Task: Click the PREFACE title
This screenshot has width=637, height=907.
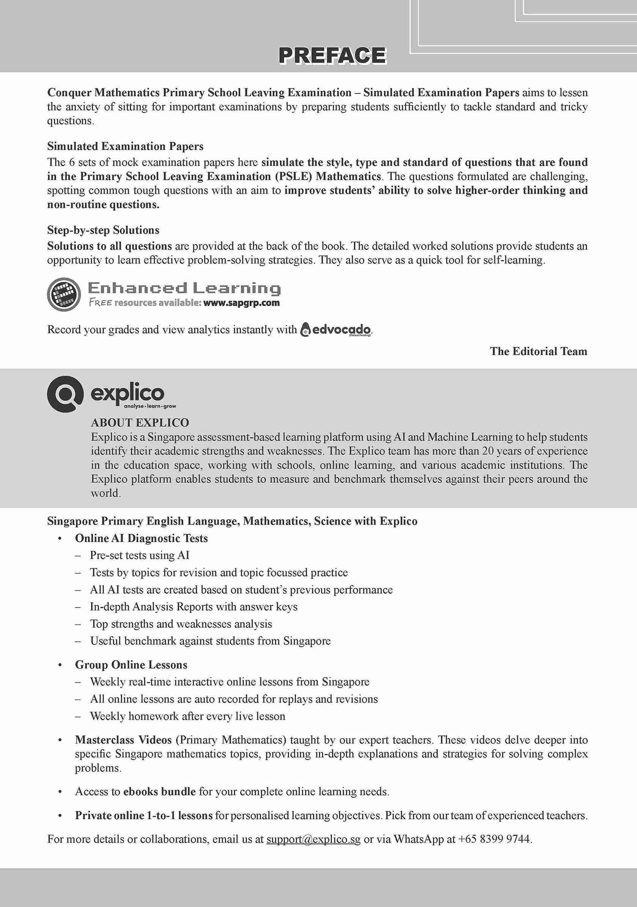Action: [x=332, y=55]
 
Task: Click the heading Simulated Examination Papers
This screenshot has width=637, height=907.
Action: [x=125, y=146]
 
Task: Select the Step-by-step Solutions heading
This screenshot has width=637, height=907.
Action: [x=103, y=230]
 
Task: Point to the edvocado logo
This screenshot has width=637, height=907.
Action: [x=336, y=329]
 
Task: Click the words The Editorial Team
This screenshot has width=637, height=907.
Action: [x=538, y=351]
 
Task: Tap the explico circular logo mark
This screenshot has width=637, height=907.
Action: [x=65, y=394]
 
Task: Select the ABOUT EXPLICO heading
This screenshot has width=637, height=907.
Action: [x=140, y=423]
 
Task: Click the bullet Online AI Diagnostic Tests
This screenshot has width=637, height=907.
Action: [x=141, y=539]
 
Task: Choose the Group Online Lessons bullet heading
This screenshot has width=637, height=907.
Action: [x=131, y=665]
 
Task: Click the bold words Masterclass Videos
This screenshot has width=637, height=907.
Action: [x=123, y=740]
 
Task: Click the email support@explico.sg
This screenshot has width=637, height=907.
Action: [x=313, y=839]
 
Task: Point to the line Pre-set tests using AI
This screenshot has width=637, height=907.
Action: [x=139, y=556]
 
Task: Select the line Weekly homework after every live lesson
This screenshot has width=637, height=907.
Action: [x=187, y=716]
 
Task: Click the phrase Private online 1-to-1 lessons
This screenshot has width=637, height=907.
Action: [x=144, y=816]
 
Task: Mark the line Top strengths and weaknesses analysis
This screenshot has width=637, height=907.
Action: [x=181, y=624]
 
